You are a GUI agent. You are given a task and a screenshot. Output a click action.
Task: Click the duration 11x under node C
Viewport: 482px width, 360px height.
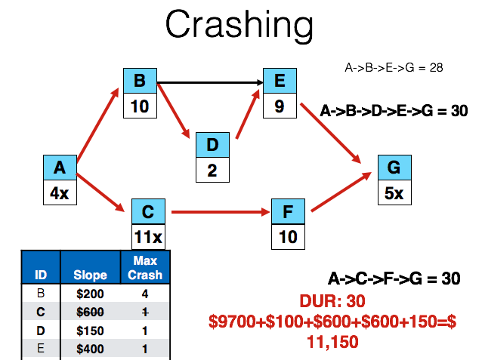pyautogui.click(x=147, y=236)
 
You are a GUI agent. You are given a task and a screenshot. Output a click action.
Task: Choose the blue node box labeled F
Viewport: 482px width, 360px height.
pyautogui.click(x=287, y=212)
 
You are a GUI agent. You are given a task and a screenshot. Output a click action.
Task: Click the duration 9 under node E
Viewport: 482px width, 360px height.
pyautogui.click(x=279, y=106)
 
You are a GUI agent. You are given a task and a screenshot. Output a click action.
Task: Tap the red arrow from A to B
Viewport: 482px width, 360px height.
pyautogui.click(x=98, y=125)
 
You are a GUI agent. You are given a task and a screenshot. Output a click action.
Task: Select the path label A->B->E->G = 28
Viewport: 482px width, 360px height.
pyautogui.click(x=393, y=67)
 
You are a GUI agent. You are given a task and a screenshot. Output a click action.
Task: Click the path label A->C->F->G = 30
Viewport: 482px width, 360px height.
pyautogui.click(x=393, y=278)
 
